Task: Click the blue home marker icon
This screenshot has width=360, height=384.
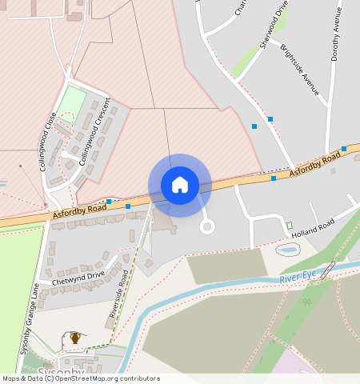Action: coord(180,185)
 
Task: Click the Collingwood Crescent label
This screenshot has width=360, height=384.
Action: coord(94,132)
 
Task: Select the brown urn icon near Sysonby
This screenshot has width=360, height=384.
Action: coord(75,338)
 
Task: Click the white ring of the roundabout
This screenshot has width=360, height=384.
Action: coord(207,226)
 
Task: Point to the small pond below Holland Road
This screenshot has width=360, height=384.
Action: coord(286,250)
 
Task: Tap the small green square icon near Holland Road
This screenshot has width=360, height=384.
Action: coord(290,225)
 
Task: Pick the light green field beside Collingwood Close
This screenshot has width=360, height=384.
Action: coord(72,101)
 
